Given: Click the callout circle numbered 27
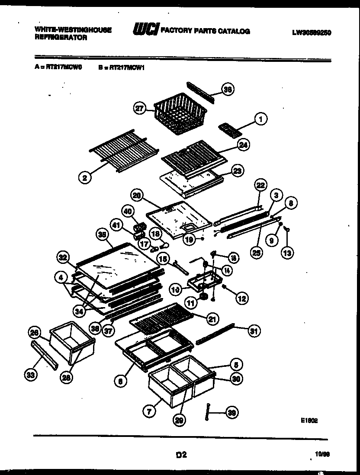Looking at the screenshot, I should tap(139, 109).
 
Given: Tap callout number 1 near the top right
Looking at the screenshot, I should tap(260, 118).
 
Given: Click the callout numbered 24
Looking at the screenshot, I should tap(243, 145).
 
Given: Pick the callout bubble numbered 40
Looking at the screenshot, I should tap(127, 212).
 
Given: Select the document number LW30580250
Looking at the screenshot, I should tap(312, 32).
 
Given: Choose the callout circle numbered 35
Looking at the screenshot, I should tap(102, 235).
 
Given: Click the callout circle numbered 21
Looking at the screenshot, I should tap(212, 320).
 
